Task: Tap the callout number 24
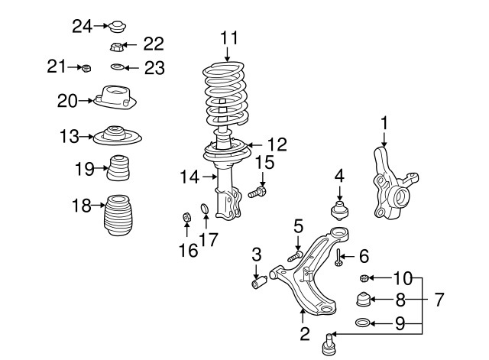pos(81,27)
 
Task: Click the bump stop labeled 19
pos(118,169)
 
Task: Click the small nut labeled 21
pos(87,69)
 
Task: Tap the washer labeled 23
pos(117,68)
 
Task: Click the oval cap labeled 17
pos(204,209)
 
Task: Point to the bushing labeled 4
pos(338,209)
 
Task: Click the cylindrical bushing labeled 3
pos(258,284)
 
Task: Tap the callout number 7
pos(439,300)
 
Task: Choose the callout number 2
pos(304,333)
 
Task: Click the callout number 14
pos(189,177)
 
